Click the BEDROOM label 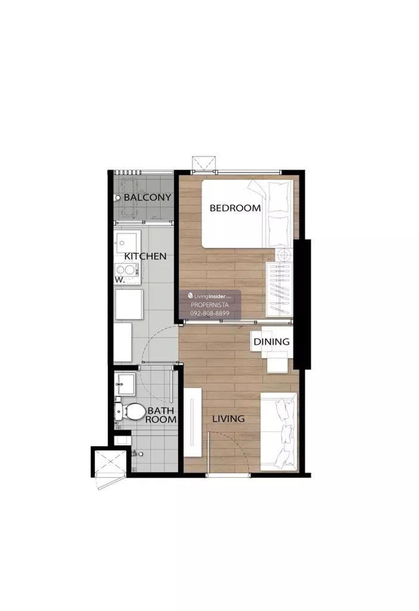click(x=235, y=208)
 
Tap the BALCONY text click(x=147, y=197)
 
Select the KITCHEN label click(x=145, y=256)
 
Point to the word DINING click(x=272, y=342)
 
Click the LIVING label click(x=228, y=419)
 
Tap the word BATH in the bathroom click(x=161, y=411)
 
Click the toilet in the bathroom click(x=130, y=412)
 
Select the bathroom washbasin click(x=125, y=384)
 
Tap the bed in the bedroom click(x=247, y=214)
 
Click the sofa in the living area click(x=278, y=432)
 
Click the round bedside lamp click(x=284, y=254)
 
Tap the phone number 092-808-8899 click(x=210, y=313)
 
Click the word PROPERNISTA click(x=210, y=305)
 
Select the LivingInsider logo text click(x=210, y=296)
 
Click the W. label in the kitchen click(x=120, y=280)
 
